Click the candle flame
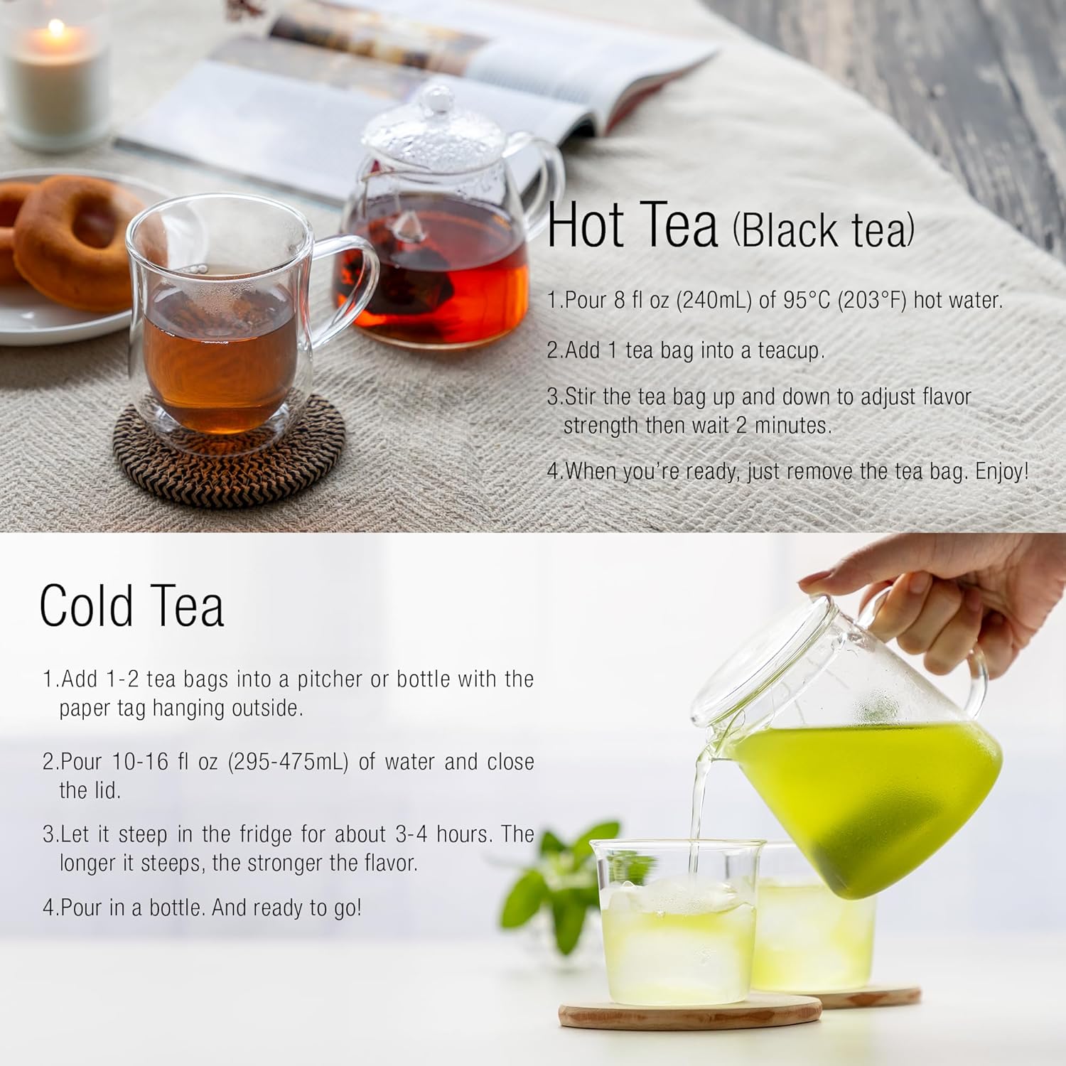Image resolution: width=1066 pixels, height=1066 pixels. pos(56,31)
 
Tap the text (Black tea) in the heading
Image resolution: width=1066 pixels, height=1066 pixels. pos(823,231)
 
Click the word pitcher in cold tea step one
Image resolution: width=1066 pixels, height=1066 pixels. pos(330,679)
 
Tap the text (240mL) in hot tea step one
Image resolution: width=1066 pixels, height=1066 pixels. pos(714,300)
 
